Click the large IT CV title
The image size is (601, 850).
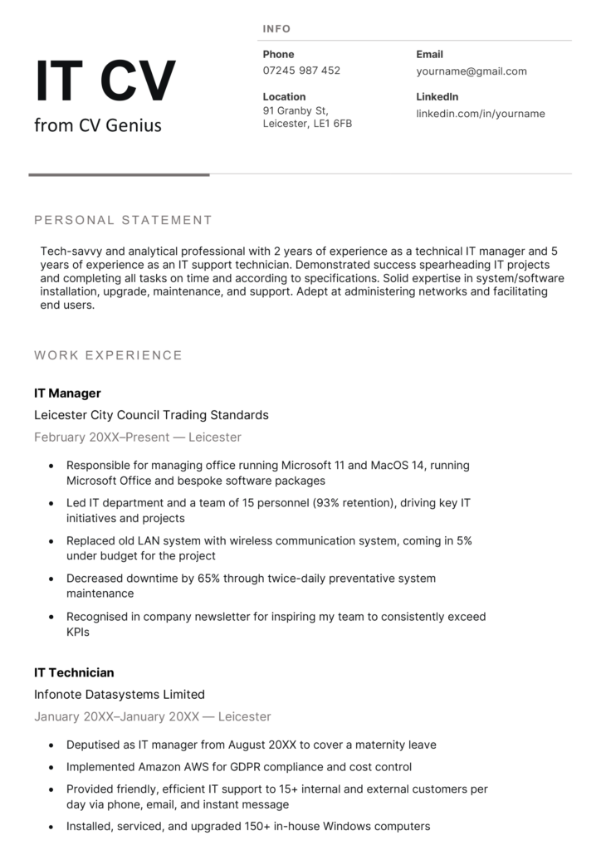(x=105, y=81)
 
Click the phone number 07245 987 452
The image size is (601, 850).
(x=301, y=71)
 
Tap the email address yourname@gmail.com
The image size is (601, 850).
(x=471, y=71)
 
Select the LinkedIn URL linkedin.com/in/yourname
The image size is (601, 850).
(x=480, y=114)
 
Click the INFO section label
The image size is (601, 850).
(x=276, y=29)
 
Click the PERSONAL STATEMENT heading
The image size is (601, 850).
(x=123, y=220)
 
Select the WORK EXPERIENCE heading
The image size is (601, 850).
(x=108, y=355)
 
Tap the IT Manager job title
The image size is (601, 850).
(x=67, y=393)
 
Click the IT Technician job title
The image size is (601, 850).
(x=74, y=672)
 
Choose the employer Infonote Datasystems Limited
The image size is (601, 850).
(x=119, y=694)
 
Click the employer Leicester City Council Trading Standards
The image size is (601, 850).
(x=151, y=415)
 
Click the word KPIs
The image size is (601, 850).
(x=78, y=632)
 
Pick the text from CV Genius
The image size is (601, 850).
(x=98, y=125)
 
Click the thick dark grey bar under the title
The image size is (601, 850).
(x=119, y=174)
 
